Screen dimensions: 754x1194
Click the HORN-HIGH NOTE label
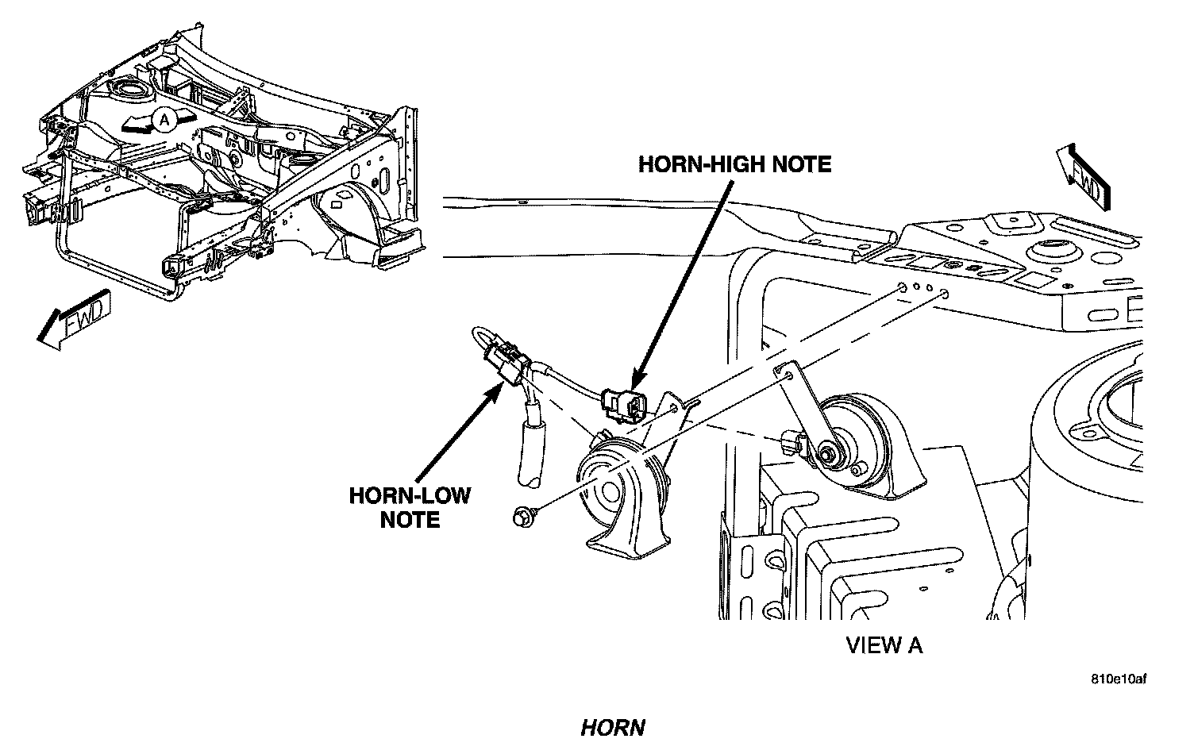tap(735, 164)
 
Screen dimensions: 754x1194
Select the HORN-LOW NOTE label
tap(410, 507)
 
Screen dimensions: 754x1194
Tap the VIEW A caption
tap(884, 645)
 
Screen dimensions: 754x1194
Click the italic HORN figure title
tap(612, 727)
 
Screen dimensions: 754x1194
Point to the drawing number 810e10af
tap(1119, 679)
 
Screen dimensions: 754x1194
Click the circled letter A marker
tap(164, 120)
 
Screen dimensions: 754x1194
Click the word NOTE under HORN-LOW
tap(410, 520)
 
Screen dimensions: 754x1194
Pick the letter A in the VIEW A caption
tap(915, 645)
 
